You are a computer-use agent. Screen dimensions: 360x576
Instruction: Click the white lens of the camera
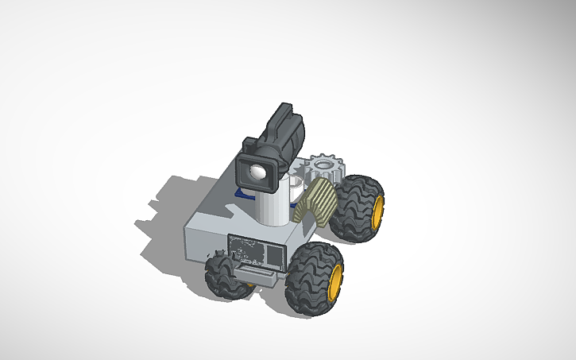[x=257, y=172]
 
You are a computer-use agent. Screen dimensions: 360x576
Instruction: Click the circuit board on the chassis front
[x=255, y=251]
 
